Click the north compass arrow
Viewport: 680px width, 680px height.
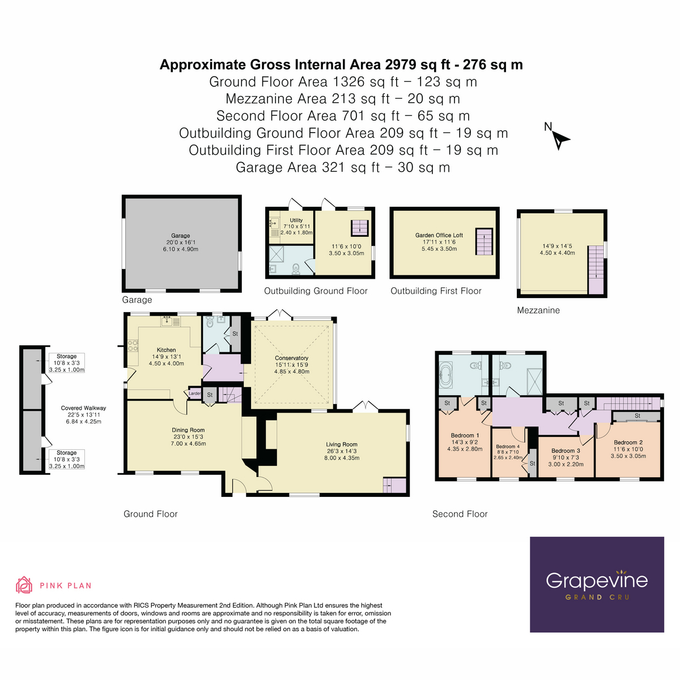pos(560,139)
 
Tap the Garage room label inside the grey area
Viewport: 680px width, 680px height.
pos(181,236)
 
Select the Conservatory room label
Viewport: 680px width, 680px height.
pos(291,358)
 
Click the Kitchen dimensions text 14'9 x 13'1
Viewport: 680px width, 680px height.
pos(166,357)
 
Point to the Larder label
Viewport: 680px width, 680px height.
pos(194,393)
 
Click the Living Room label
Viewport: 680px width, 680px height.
pos(342,445)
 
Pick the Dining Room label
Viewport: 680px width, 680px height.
pos(189,430)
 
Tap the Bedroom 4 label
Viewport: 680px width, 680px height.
pos(508,447)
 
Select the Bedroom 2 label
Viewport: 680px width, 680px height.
pos(628,443)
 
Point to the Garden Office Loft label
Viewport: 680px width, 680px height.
pos(439,235)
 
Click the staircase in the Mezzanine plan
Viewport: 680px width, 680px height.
pos(596,267)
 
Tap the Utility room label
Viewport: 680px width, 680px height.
pos(296,220)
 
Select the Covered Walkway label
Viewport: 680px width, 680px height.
pos(83,408)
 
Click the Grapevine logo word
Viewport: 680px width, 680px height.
pos(597,580)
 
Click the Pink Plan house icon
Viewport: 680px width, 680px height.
pos(24,585)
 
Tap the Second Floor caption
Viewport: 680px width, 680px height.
pos(460,514)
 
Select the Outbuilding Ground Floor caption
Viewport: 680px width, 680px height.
pos(316,291)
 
